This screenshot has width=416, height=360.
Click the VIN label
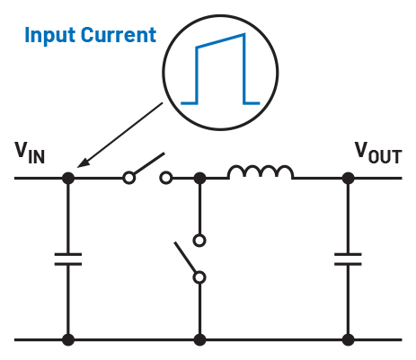(30, 153)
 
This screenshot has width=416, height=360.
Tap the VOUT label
(378, 153)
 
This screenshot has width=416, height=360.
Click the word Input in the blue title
(49, 36)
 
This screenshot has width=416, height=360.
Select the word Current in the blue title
(119, 35)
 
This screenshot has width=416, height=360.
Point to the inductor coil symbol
(261, 171)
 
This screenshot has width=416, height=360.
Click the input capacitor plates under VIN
(68, 259)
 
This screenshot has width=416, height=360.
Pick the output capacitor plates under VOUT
(348, 259)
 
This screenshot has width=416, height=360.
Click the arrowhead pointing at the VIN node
(83, 162)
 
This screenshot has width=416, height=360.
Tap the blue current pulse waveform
(220, 69)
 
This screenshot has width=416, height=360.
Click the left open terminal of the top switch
(128, 178)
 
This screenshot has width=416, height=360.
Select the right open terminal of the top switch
(166, 178)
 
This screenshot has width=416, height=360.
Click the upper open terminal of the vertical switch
(199, 241)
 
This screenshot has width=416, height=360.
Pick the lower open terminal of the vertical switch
(199, 277)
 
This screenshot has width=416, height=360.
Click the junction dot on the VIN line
(68, 178)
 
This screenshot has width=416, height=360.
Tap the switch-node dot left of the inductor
(199, 178)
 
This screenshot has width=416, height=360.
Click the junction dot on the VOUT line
(348, 178)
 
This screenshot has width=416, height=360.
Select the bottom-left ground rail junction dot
(68, 340)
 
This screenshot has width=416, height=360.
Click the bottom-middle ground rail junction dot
(199, 340)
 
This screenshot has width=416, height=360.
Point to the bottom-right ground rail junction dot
(348, 340)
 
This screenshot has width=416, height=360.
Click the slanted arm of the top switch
(149, 163)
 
